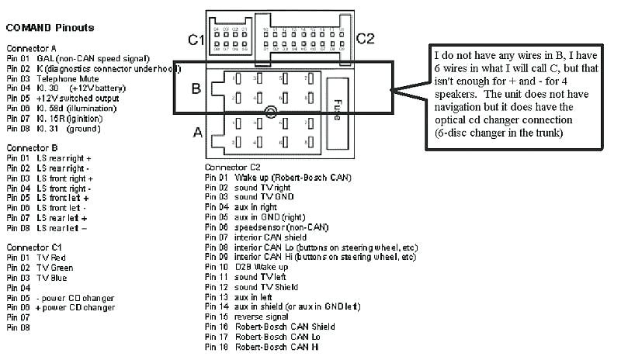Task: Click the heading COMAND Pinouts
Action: coord(50,27)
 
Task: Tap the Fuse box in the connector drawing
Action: coord(338,112)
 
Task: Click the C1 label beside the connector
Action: coord(196,40)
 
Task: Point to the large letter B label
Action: coord(196,88)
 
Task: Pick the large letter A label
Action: coord(197,133)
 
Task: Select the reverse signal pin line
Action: coord(263,317)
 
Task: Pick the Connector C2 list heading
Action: coord(232,168)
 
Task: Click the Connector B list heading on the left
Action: coord(33,147)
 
